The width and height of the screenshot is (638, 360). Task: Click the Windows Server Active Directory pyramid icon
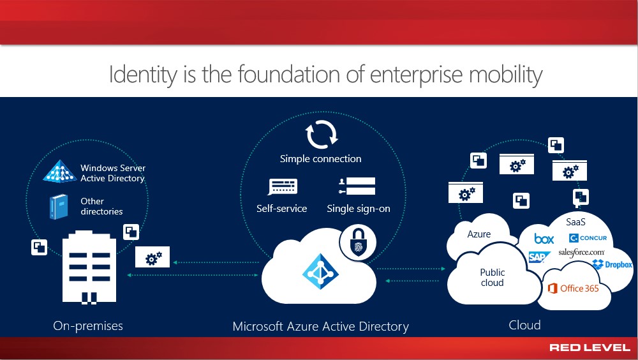point(60,171)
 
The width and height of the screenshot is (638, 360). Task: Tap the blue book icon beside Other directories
point(58,207)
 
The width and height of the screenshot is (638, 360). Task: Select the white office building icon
point(89,267)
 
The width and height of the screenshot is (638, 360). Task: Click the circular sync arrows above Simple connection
point(322,135)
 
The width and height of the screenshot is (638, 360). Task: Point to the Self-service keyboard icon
point(283,187)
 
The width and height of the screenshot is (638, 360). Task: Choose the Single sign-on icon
point(357,186)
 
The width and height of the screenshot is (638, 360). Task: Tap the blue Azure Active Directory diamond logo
point(321,271)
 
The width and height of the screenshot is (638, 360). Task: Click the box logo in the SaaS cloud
point(544,238)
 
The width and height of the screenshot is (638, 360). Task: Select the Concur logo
point(588,238)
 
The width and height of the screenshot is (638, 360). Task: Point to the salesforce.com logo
point(581,253)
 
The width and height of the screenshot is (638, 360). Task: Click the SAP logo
point(538,257)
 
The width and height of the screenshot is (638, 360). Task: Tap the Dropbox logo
point(612,265)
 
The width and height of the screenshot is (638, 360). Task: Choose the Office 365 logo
point(574,289)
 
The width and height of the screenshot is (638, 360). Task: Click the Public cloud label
point(493,277)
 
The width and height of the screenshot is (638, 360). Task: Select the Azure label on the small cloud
point(479,234)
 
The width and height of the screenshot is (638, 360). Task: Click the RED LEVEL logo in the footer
point(590,347)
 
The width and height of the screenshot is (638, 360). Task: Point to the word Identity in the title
point(143,75)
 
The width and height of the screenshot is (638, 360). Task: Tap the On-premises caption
point(88,326)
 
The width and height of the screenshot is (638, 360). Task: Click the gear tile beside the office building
point(152,257)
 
